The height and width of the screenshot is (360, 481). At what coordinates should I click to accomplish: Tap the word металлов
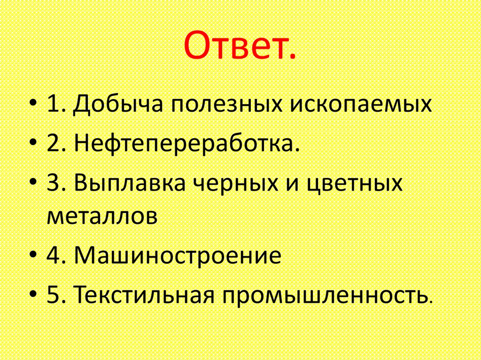tap(101, 216)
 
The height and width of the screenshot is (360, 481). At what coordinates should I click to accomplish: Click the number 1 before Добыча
tap(52, 104)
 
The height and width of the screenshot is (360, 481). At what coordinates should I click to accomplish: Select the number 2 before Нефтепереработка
tap(52, 144)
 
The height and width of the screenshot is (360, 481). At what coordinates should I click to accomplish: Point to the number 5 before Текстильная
tap(52, 296)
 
